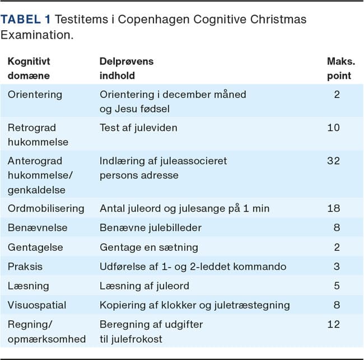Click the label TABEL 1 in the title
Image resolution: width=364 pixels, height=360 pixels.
[x=26, y=20]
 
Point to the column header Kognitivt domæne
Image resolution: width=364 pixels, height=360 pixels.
[x=29, y=68]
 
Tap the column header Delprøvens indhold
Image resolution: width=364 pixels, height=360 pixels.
[x=126, y=68]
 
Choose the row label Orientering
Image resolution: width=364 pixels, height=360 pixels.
[x=35, y=94]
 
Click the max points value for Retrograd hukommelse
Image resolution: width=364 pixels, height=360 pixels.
[x=333, y=128]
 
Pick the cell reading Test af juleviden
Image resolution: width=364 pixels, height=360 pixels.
[x=138, y=128]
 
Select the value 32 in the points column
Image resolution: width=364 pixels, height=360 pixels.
[x=333, y=161]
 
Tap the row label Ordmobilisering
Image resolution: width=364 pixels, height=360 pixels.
[x=46, y=208]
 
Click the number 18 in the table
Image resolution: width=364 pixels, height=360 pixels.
[x=333, y=208]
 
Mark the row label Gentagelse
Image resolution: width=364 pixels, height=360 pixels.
[x=35, y=247]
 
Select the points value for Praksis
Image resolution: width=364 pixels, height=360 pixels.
[x=337, y=267]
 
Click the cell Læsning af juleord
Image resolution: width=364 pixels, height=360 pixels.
[x=144, y=286]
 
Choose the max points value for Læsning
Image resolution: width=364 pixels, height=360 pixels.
[x=337, y=286]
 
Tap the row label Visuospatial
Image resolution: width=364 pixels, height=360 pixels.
[x=37, y=305]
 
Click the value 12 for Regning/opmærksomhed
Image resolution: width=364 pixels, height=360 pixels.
[x=333, y=324]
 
